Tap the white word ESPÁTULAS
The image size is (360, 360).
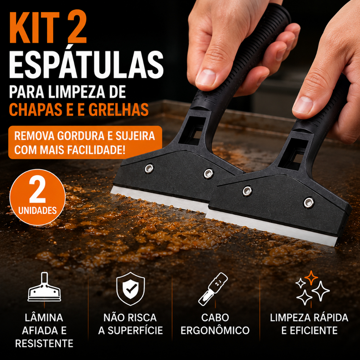point(86,65)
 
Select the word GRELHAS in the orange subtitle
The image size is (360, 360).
point(118,110)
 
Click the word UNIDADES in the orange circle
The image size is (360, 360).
point(37,210)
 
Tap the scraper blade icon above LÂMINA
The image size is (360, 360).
point(44,287)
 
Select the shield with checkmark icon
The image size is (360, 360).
point(130,289)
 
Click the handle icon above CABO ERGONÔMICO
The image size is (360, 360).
point(213,289)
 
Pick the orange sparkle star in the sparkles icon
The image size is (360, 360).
point(311,278)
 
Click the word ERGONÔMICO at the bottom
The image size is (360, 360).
point(215,330)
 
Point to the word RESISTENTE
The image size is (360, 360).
point(44,343)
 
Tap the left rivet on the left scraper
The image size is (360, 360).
point(149,168)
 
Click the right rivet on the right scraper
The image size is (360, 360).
point(309,203)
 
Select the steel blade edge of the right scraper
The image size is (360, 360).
point(271,228)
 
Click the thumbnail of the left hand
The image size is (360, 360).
point(206,77)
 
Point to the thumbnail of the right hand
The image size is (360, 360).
point(303,105)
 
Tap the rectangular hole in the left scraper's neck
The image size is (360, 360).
point(192,131)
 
